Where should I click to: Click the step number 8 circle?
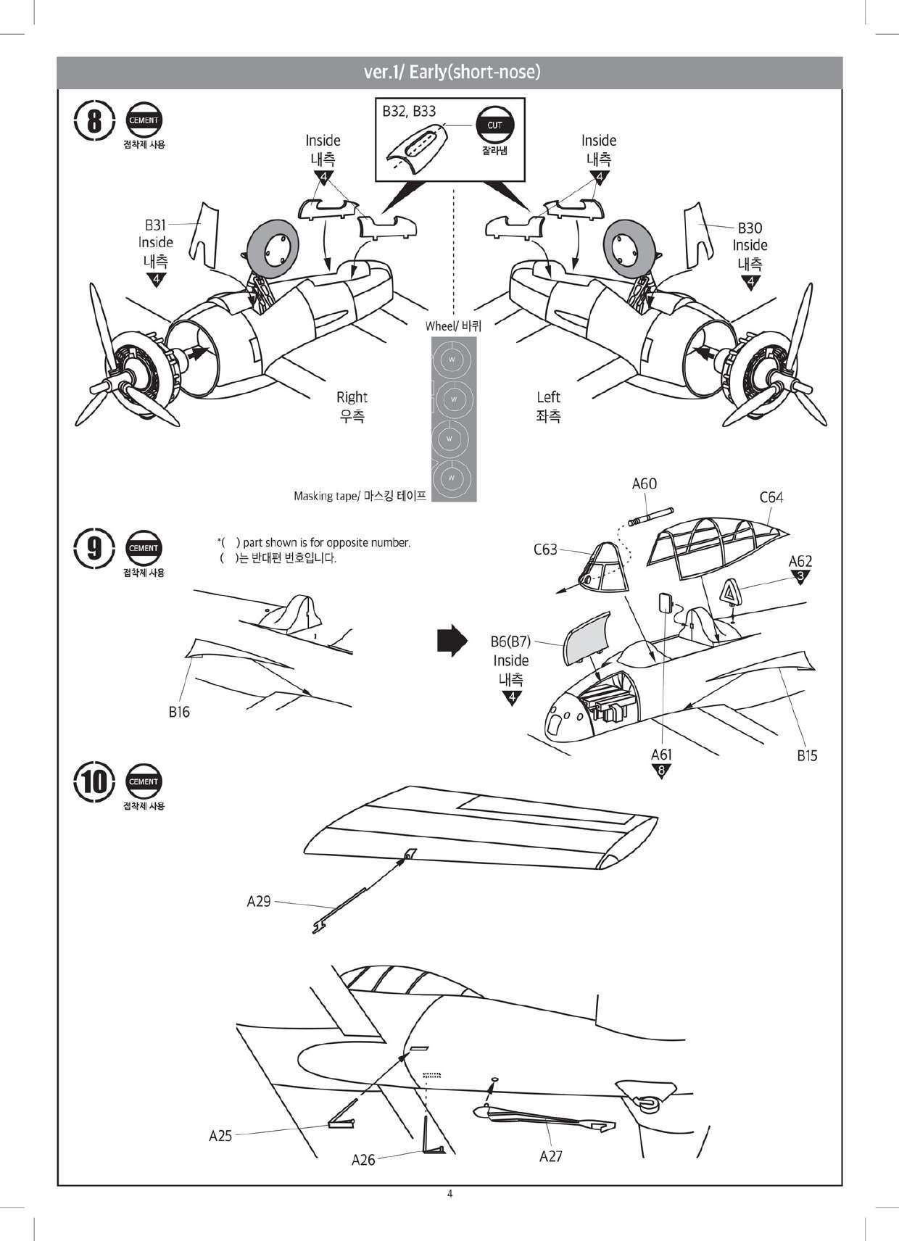[x=94, y=120]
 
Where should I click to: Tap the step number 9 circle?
[x=94, y=548]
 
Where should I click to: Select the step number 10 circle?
[x=94, y=781]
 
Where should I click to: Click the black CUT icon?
[x=494, y=125]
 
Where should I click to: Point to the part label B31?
[x=155, y=225]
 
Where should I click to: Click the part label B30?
[x=750, y=228]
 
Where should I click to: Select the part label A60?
[x=644, y=483]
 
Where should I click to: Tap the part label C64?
[x=771, y=497]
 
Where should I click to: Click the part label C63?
[x=545, y=549]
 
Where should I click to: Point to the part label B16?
[x=179, y=712]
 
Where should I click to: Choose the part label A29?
[x=259, y=901]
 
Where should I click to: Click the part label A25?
[x=220, y=1135]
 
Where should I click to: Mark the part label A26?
[x=363, y=1160]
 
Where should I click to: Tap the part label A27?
[x=550, y=1156]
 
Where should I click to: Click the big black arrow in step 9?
[x=451, y=640]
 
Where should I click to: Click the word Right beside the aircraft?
[x=352, y=397]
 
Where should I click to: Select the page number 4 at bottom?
[x=449, y=1194]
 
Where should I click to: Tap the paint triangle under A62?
[x=801, y=576]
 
